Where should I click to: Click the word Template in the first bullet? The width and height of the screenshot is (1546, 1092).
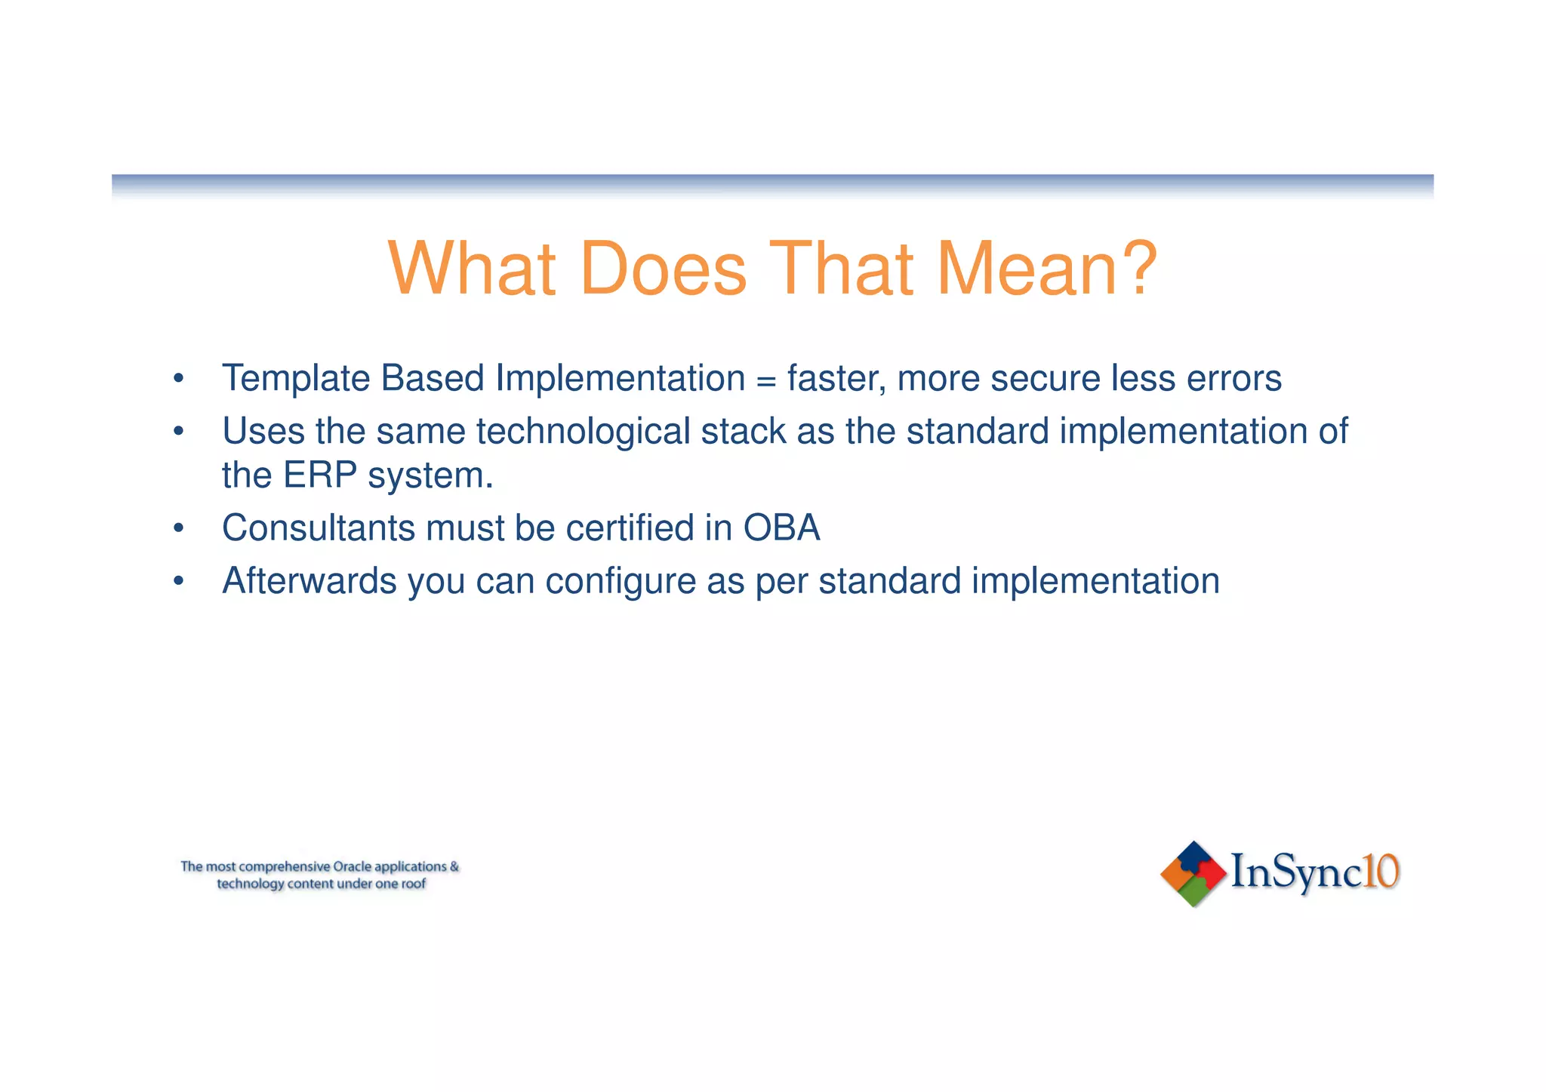(295, 379)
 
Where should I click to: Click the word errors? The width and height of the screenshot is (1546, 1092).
(1233, 379)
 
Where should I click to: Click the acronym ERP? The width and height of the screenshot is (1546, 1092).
(319, 475)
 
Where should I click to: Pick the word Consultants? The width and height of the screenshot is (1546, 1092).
(318, 528)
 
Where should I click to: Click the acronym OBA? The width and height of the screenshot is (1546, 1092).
(781, 528)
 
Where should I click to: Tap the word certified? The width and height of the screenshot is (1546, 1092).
(630, 528)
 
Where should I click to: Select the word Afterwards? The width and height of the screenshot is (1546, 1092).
(309, 581)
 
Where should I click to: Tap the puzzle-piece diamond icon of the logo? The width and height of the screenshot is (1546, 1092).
(1193, 874)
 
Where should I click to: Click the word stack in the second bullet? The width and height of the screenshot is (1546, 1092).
(743, 432)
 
